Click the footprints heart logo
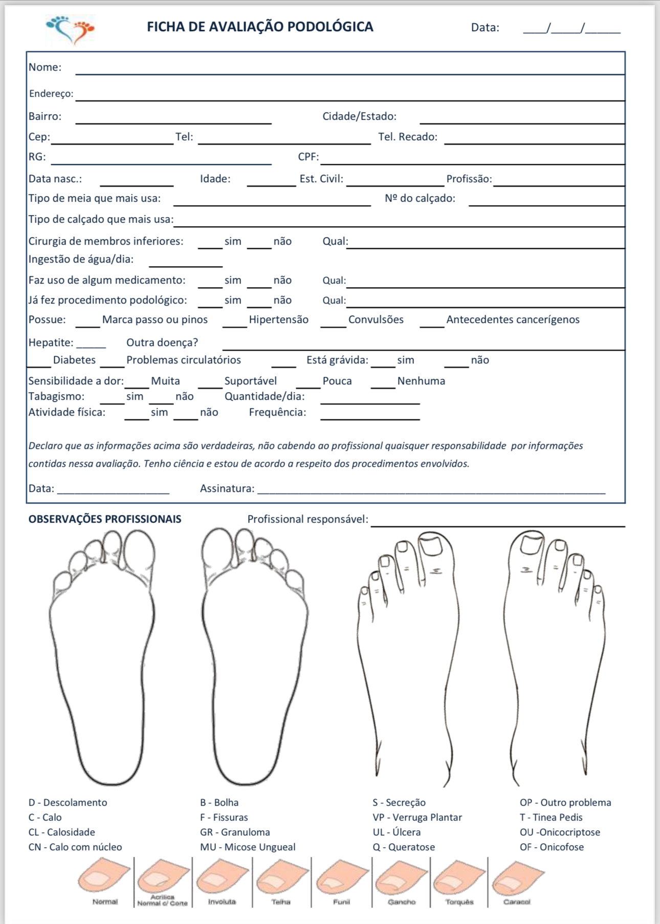click(71, 29)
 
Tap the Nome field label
click(45, 67)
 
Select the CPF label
click(308, 157)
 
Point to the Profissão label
click(469, 179)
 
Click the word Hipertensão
click(278, 319)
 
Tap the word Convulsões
click(376, 319)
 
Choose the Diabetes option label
click(74, 360)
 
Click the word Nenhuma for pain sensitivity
click(421, 381)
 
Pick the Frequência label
click(277, 412)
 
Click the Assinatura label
click(227, 488)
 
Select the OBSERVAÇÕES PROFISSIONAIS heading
click(105, 519)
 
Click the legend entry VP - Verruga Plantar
click(417, 818)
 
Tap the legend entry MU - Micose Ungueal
click(248, 847)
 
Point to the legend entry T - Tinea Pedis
click(551, 818)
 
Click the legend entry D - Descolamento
click(68, 803)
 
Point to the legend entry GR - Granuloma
click(235, 832)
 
